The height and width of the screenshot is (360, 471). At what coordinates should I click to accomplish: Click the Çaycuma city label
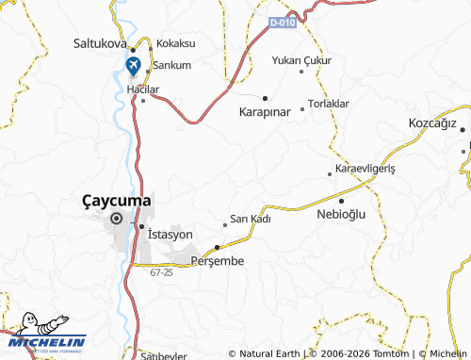click(117, 200)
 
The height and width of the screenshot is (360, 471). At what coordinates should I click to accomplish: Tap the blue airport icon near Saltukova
click(133, 67)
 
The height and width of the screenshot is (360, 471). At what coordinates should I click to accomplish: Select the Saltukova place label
click(100, 43)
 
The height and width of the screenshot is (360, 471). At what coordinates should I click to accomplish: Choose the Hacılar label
click(144, 90)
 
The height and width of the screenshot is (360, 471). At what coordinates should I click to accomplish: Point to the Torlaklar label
click(330, 103)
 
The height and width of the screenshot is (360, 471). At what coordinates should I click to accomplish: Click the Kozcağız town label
click(432, 124)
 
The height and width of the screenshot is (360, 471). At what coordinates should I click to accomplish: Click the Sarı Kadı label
click(251, 219)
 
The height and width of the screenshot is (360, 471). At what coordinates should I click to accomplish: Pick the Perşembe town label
click(218, 259)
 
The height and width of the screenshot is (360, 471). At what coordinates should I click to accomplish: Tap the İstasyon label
click(170, 234)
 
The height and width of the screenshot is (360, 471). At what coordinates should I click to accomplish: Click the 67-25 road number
click(161, 272)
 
